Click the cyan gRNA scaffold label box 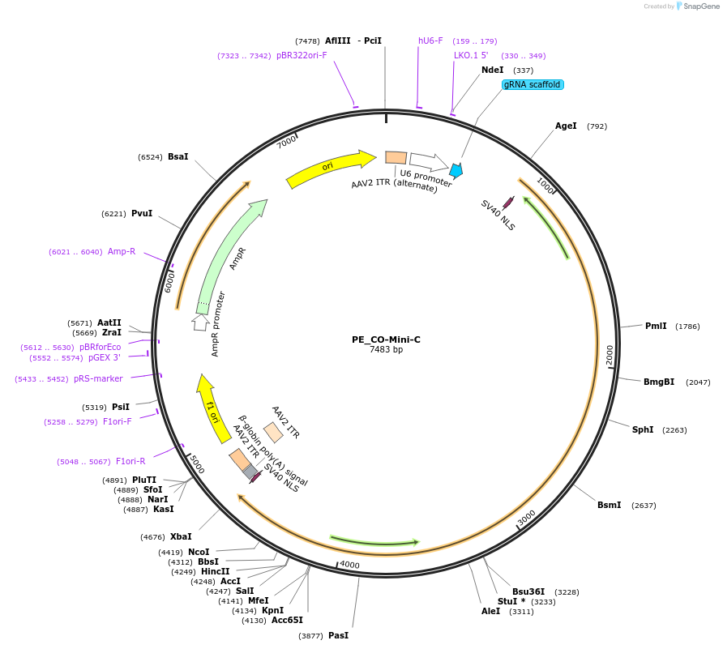click(x=532, y=84)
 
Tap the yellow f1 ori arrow click(x=212, y=410)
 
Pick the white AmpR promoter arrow click(x=200, y=322)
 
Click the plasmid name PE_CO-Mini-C click(x=386, y=339)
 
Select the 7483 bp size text click(x=386, y=350)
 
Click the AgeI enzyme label click(x=566, y=126)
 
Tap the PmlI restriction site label click(x=656, y=326)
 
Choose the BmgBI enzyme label click(x=659, y=382)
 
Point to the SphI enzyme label click(x=643, y=429)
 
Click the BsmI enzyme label click(x=610, y=505)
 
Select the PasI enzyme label click(x=338, y=635)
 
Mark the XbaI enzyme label click(x=181, y=536)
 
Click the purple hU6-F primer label click(x=430, y=41)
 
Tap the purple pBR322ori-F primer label click(x=302, y=55)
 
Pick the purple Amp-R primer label click(x=122, y=251)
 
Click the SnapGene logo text click(x=702, y=6)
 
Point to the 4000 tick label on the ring click(x=349, y=564)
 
